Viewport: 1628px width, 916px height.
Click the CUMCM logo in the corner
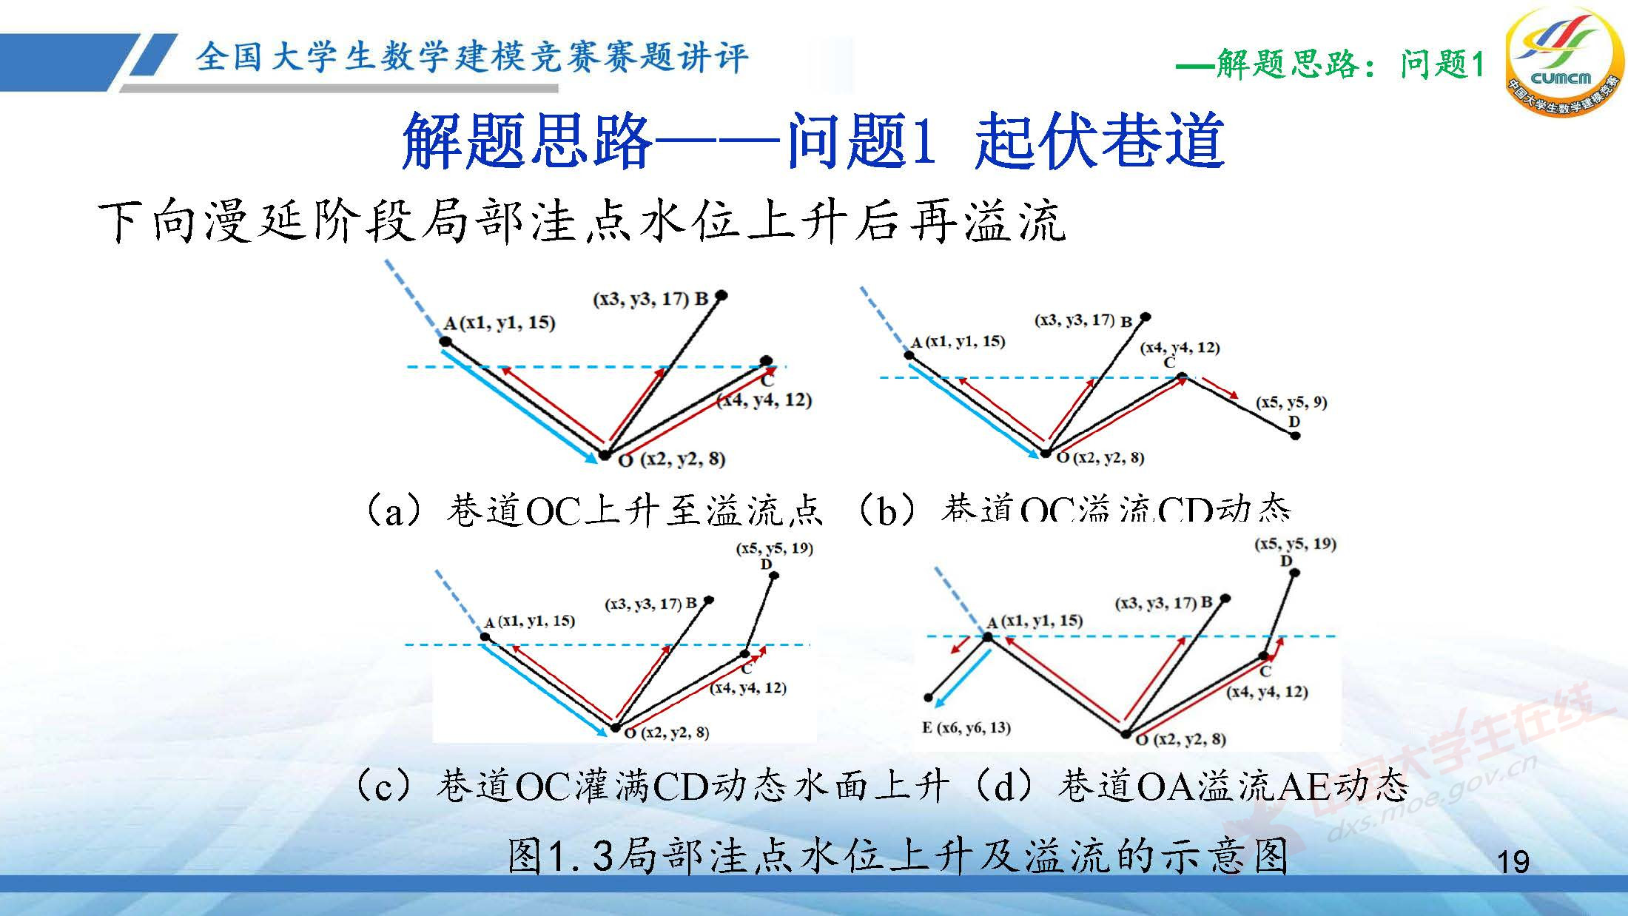1561,63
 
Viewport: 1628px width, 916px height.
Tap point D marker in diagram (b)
1295,435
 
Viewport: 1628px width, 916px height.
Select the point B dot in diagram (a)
722,295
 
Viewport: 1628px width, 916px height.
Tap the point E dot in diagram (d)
929,698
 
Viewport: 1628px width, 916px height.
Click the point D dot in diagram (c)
774,576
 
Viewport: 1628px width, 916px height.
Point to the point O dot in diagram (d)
1126,734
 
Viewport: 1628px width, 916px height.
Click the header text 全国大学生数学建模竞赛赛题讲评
472,58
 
